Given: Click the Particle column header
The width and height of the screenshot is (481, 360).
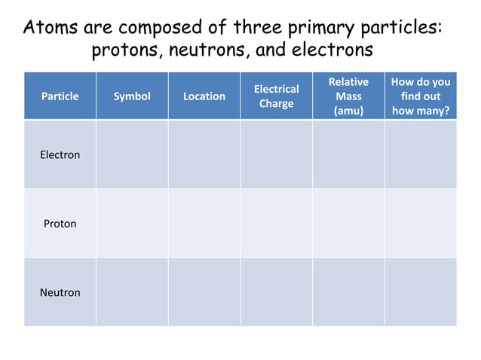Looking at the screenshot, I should pos(60,96).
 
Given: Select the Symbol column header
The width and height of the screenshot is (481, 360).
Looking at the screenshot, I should pos(132,96).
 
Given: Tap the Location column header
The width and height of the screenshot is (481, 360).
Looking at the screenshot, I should pos(204,96).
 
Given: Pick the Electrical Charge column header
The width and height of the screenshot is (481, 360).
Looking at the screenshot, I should pos(276,96).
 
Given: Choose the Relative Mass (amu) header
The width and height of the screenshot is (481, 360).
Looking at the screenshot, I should pos(348,96).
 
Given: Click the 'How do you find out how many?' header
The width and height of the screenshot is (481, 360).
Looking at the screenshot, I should pos(421,96).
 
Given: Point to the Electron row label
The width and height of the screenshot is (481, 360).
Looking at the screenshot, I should pos(60,155).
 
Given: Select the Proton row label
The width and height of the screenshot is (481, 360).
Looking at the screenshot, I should pos(60,224).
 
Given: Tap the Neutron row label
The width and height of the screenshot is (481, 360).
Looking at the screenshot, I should pos(60,292).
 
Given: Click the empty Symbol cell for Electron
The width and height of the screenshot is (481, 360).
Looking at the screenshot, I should pos(132,155).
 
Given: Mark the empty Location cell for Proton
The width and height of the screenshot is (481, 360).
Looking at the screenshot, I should pos(204,224).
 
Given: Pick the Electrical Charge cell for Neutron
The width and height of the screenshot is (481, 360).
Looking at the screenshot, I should pos(276,292).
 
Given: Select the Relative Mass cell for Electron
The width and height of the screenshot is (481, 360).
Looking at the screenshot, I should pos(348,155).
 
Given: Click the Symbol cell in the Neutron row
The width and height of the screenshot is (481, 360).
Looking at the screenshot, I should pos(132,292).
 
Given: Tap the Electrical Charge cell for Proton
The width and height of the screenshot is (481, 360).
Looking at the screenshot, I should pos(276,224).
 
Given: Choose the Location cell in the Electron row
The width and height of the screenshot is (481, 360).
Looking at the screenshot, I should pos(204,155).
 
